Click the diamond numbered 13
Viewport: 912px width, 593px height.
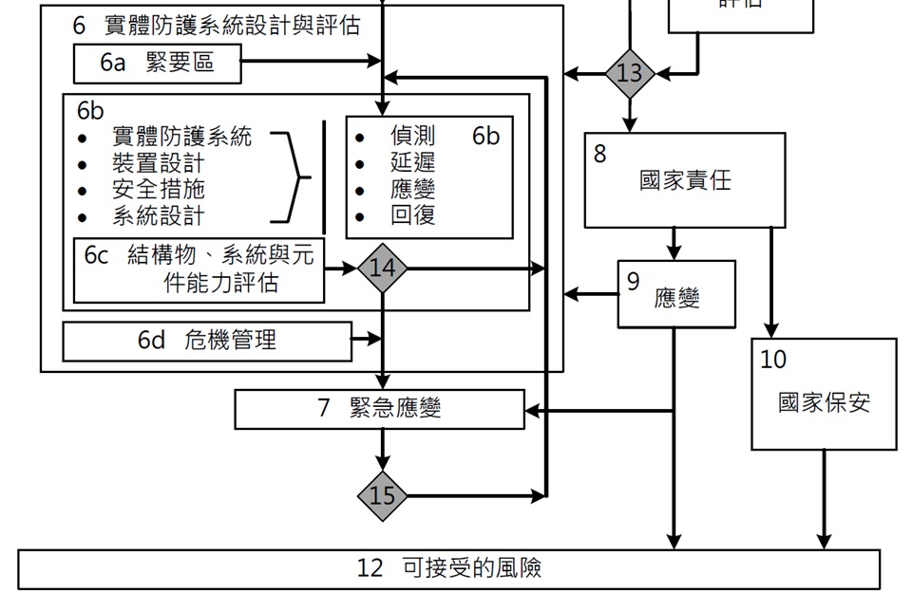pyautogui.click(x=630, y=73)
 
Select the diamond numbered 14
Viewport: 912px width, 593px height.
pyautogui.click(x=382, y=269)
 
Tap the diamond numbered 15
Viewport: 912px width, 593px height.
pyautogui.click(x=382, y=495)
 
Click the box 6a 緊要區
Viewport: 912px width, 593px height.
pyautogui.click(x=157, y=64)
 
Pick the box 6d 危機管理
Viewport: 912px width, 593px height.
pyautogui.click(x=207, y=341)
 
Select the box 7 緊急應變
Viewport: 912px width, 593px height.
pyautogui.click(x=379, y=409)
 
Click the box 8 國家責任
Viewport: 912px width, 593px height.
pyautogui.click(x=684, y=180)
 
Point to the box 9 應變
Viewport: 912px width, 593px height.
pyautogui.click(x=675, y=294)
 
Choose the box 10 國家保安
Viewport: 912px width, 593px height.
pyautogui.click(x=824, y=394)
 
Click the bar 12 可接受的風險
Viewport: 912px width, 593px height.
pyautogui.click(x=449, y=568)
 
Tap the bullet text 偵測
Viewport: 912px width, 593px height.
pyautogui.click(x=413, y=136)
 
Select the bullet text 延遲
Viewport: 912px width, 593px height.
pyautogui.click(x=413, y=162)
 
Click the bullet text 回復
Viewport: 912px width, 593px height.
pyautogui.click(x=413, y=215)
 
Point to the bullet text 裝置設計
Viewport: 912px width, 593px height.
pyautogui.click(x=158, y=163)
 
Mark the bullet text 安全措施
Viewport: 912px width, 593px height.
pyautogui.click(x=158, y=189)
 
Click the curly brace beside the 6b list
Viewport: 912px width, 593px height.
pyautogui.click(x=294, y=176)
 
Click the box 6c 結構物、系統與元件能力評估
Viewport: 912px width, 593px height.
pyautogui.click(x=199, y=269)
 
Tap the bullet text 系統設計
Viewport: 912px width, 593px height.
pyautogui.click(x=158, y=215)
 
